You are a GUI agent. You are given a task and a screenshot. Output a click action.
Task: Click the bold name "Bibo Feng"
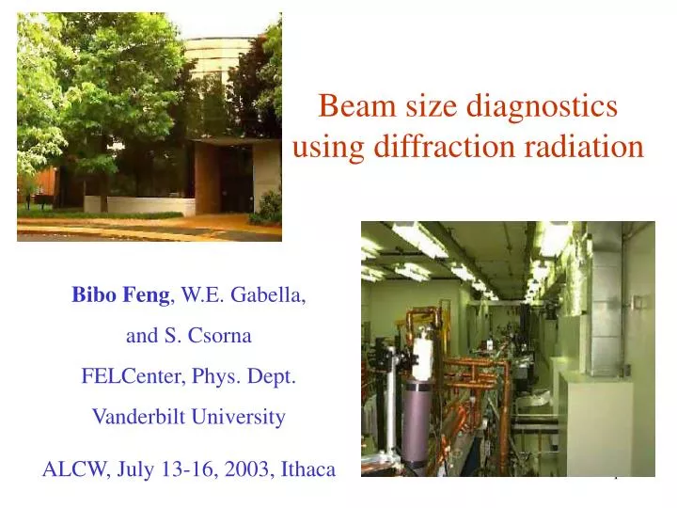click(x=120, y=294)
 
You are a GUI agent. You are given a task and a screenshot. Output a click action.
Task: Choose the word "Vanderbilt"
click(x=136, y=417)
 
